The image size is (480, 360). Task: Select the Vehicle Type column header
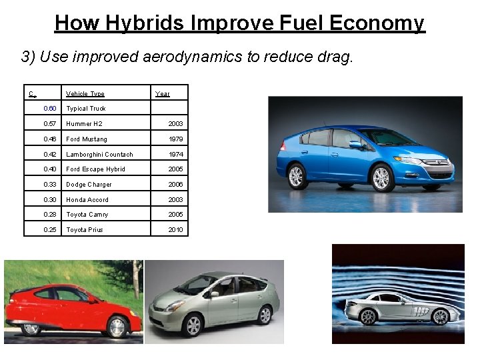tap(85, 94)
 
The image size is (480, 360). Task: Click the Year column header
tap(163, 94)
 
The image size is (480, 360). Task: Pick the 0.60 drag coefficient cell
tap(50, 109)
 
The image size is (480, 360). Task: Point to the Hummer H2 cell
tap(84, 124)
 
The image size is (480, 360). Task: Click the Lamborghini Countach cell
tap(99, 155)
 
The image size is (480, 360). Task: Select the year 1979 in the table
tap(175, 139)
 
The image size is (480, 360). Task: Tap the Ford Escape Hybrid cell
tap(95, 169)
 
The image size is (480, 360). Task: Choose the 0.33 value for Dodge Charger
tap(50, 185)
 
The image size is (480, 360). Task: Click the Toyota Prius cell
tap(85, 230)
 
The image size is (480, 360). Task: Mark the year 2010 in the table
tap(175, 230)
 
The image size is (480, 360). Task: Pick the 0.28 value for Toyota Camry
tap(50, 215)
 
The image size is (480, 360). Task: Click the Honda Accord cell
tap(87, 200)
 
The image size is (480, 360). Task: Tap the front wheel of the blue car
tap(381, 178)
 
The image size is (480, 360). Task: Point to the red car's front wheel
tap(117, 327)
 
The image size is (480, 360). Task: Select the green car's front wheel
tap(193, 325)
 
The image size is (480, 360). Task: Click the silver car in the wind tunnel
tap(400, 307)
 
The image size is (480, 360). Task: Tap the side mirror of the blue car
tap(356, 144)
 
